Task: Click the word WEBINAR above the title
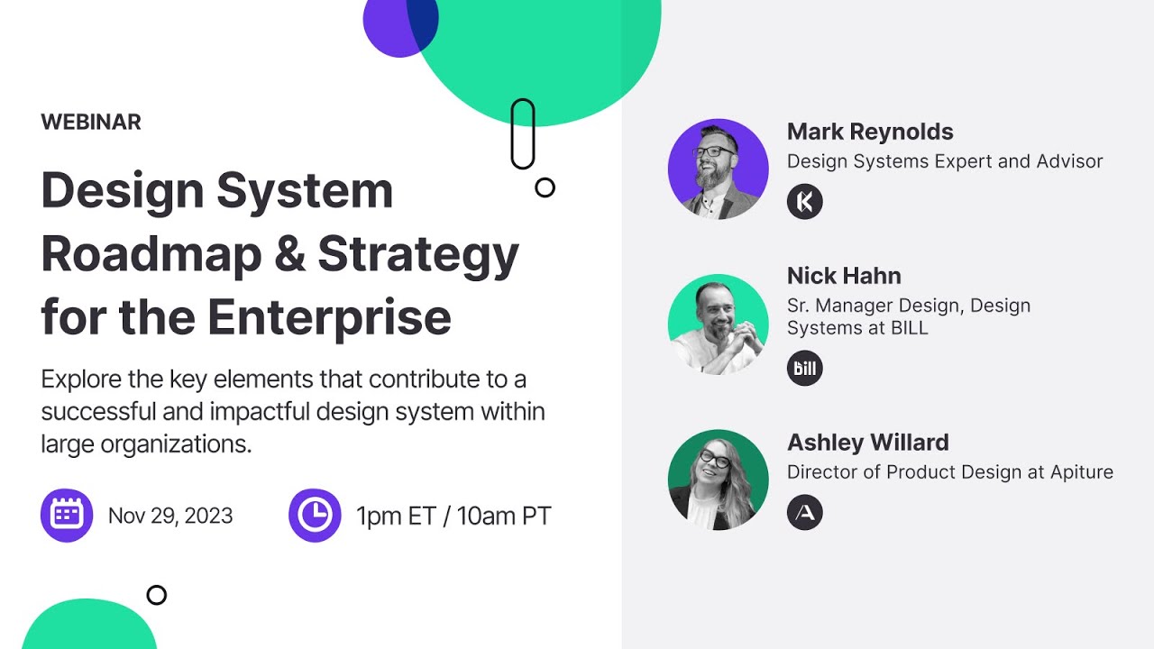pyautogui.click(x=91, y=123)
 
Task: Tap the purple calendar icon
pyautogui.click(x=67, y=516)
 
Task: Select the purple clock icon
pyautogui.click(x=315, y=516)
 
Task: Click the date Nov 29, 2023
pyautogui.click(x=170, y=516)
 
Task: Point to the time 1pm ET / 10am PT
pyautogui.click(x=453, y=516)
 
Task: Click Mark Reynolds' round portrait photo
pyautogui.click(x=719, y=169)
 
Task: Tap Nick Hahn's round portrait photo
pyautogui.click(x=719, y=324)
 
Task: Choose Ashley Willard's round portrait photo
pyautogui.click(x=719, y=480)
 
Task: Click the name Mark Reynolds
pyautogui.click(x=870, y=132)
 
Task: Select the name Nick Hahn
pyautogui.click(x=844, y=276)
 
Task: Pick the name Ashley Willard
pyautogui.click(x=868, y=443)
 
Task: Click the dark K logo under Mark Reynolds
pyautogui.click(x=805, y=202)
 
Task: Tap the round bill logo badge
pyautogui.click(x=805, y=369)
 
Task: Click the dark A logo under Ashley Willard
pyautogui.click(x=805, y=513)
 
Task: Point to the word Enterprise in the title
pyautogui.click(x=329, y=317)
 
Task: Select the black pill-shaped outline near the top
pyautogui.click(x=523, y=134)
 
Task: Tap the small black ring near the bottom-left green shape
pyautogui.click(x=157, y=595)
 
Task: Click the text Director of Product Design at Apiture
pyautogui.click(x=950, y=472)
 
